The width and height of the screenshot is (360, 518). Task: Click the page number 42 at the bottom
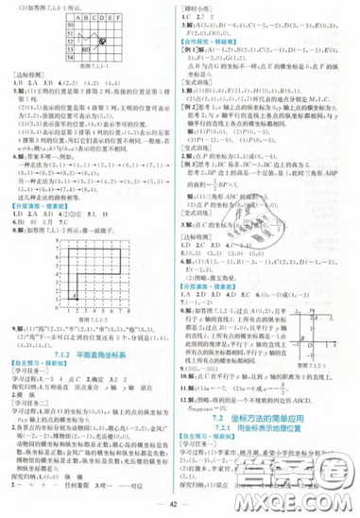pyautogui.click(x=179, y=498)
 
